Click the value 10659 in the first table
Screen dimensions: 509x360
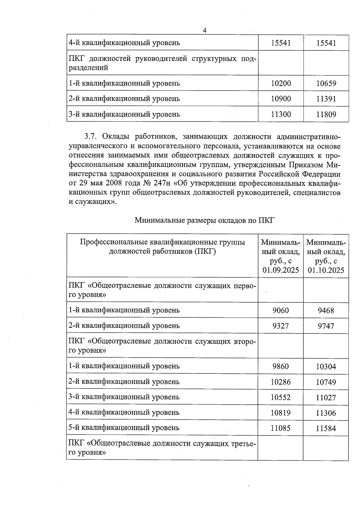pos(326,83)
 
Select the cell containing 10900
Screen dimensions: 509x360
pos(281,99)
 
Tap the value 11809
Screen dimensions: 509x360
pos(326,114)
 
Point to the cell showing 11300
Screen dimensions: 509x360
pos(281,114)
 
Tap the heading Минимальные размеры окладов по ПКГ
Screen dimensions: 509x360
pos(205,220)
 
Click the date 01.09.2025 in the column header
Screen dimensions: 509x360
pos(281,270)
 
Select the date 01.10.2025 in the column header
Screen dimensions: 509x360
pos(326,270)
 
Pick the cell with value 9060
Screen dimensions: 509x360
pos(281,310)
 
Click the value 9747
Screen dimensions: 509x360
pos(326,326)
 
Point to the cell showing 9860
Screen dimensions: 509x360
pos(281,366)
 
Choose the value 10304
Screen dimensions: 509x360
pos(326,367)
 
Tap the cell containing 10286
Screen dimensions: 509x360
pos(281,382)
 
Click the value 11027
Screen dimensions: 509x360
pos(326,397)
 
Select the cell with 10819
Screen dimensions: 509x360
pos(281,413)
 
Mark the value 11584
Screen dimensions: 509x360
pos(326,428)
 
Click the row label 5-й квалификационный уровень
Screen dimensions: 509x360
pos(124,428)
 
